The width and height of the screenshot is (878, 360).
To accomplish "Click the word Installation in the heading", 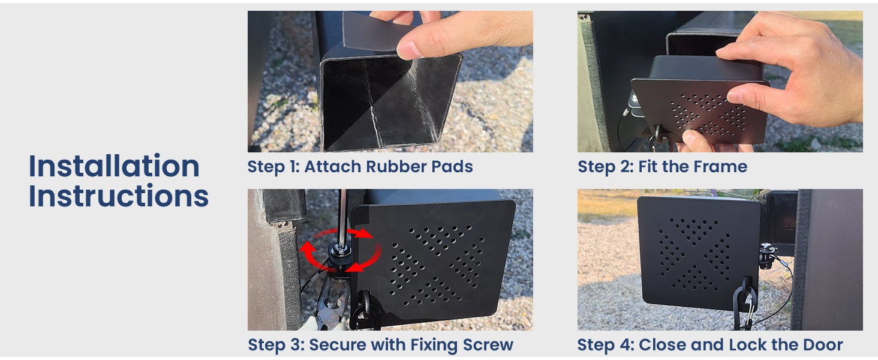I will pos(114,166).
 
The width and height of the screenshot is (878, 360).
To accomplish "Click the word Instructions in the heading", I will pos(119,196).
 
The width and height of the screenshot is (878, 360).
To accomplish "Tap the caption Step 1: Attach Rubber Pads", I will pos(360,166).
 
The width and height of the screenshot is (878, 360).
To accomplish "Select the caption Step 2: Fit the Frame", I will pos(662,166).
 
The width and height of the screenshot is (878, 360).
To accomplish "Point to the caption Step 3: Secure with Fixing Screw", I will pos(380,345).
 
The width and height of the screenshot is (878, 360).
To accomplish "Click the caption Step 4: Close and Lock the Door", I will pos(709,345).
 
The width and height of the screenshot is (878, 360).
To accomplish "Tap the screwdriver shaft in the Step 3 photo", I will pos(340,216).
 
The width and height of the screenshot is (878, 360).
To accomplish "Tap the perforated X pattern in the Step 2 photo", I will pos(708,114).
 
